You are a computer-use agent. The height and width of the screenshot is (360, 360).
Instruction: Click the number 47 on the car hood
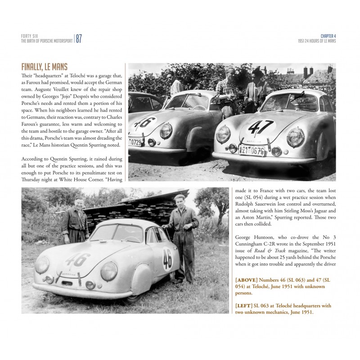tap(261, 127)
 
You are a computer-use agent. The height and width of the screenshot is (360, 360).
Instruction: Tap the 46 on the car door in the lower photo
tap(167, 258)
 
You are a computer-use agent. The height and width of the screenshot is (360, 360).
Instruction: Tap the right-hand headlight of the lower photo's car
tap(108, 271)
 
